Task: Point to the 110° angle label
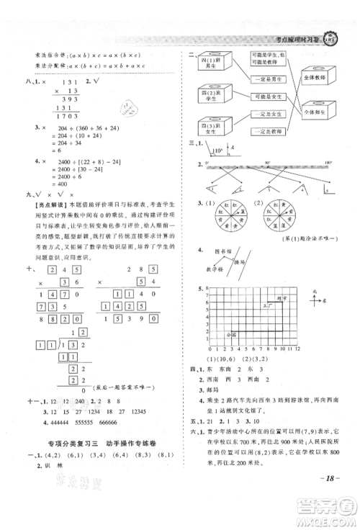point(216,152)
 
